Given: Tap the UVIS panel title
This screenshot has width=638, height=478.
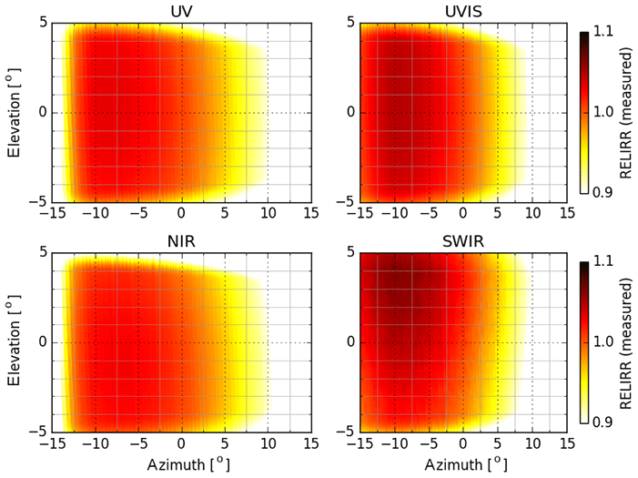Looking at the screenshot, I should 463,11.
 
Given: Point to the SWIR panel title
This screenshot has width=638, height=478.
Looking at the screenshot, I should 463,240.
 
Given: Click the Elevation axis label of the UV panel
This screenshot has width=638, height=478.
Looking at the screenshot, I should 14,112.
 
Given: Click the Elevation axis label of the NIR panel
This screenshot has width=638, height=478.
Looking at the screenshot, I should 14,341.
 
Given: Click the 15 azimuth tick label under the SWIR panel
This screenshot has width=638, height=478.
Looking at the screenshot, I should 567,444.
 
